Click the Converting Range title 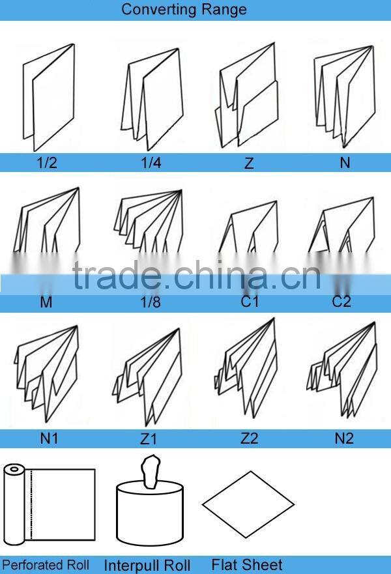click(x=184, y=10)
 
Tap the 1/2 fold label click(x=46, y=163)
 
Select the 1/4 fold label click(x=151, y=163)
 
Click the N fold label click(x=345, y=163)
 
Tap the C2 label click(x=341, y=302)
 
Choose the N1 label click(x=50, y=438)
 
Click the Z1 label click(x=149, y=439)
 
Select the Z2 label click(x=250, y=438)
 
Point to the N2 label click(x=344, y=438)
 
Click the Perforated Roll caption click(x=46, y=565)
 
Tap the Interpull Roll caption click(x=147, y=566)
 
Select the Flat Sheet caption click(x=247, y=565)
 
